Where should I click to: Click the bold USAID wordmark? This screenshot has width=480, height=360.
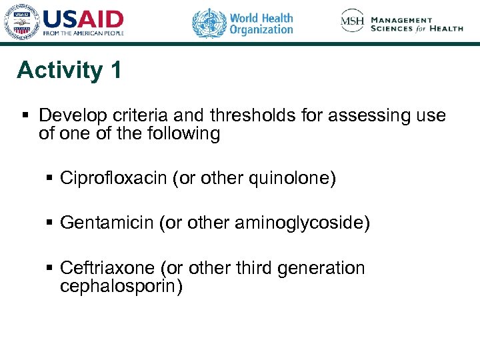(x=83, y=19)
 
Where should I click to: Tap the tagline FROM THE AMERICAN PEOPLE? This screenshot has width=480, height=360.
(x=83, y=33)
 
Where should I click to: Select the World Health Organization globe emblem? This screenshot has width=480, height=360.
(x=209, y=23)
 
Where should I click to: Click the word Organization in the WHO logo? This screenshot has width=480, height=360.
(x=261, y=29)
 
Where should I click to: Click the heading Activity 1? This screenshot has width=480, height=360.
(x=69, y=70)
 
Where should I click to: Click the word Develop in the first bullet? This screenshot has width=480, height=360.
(x=69, y=115)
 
